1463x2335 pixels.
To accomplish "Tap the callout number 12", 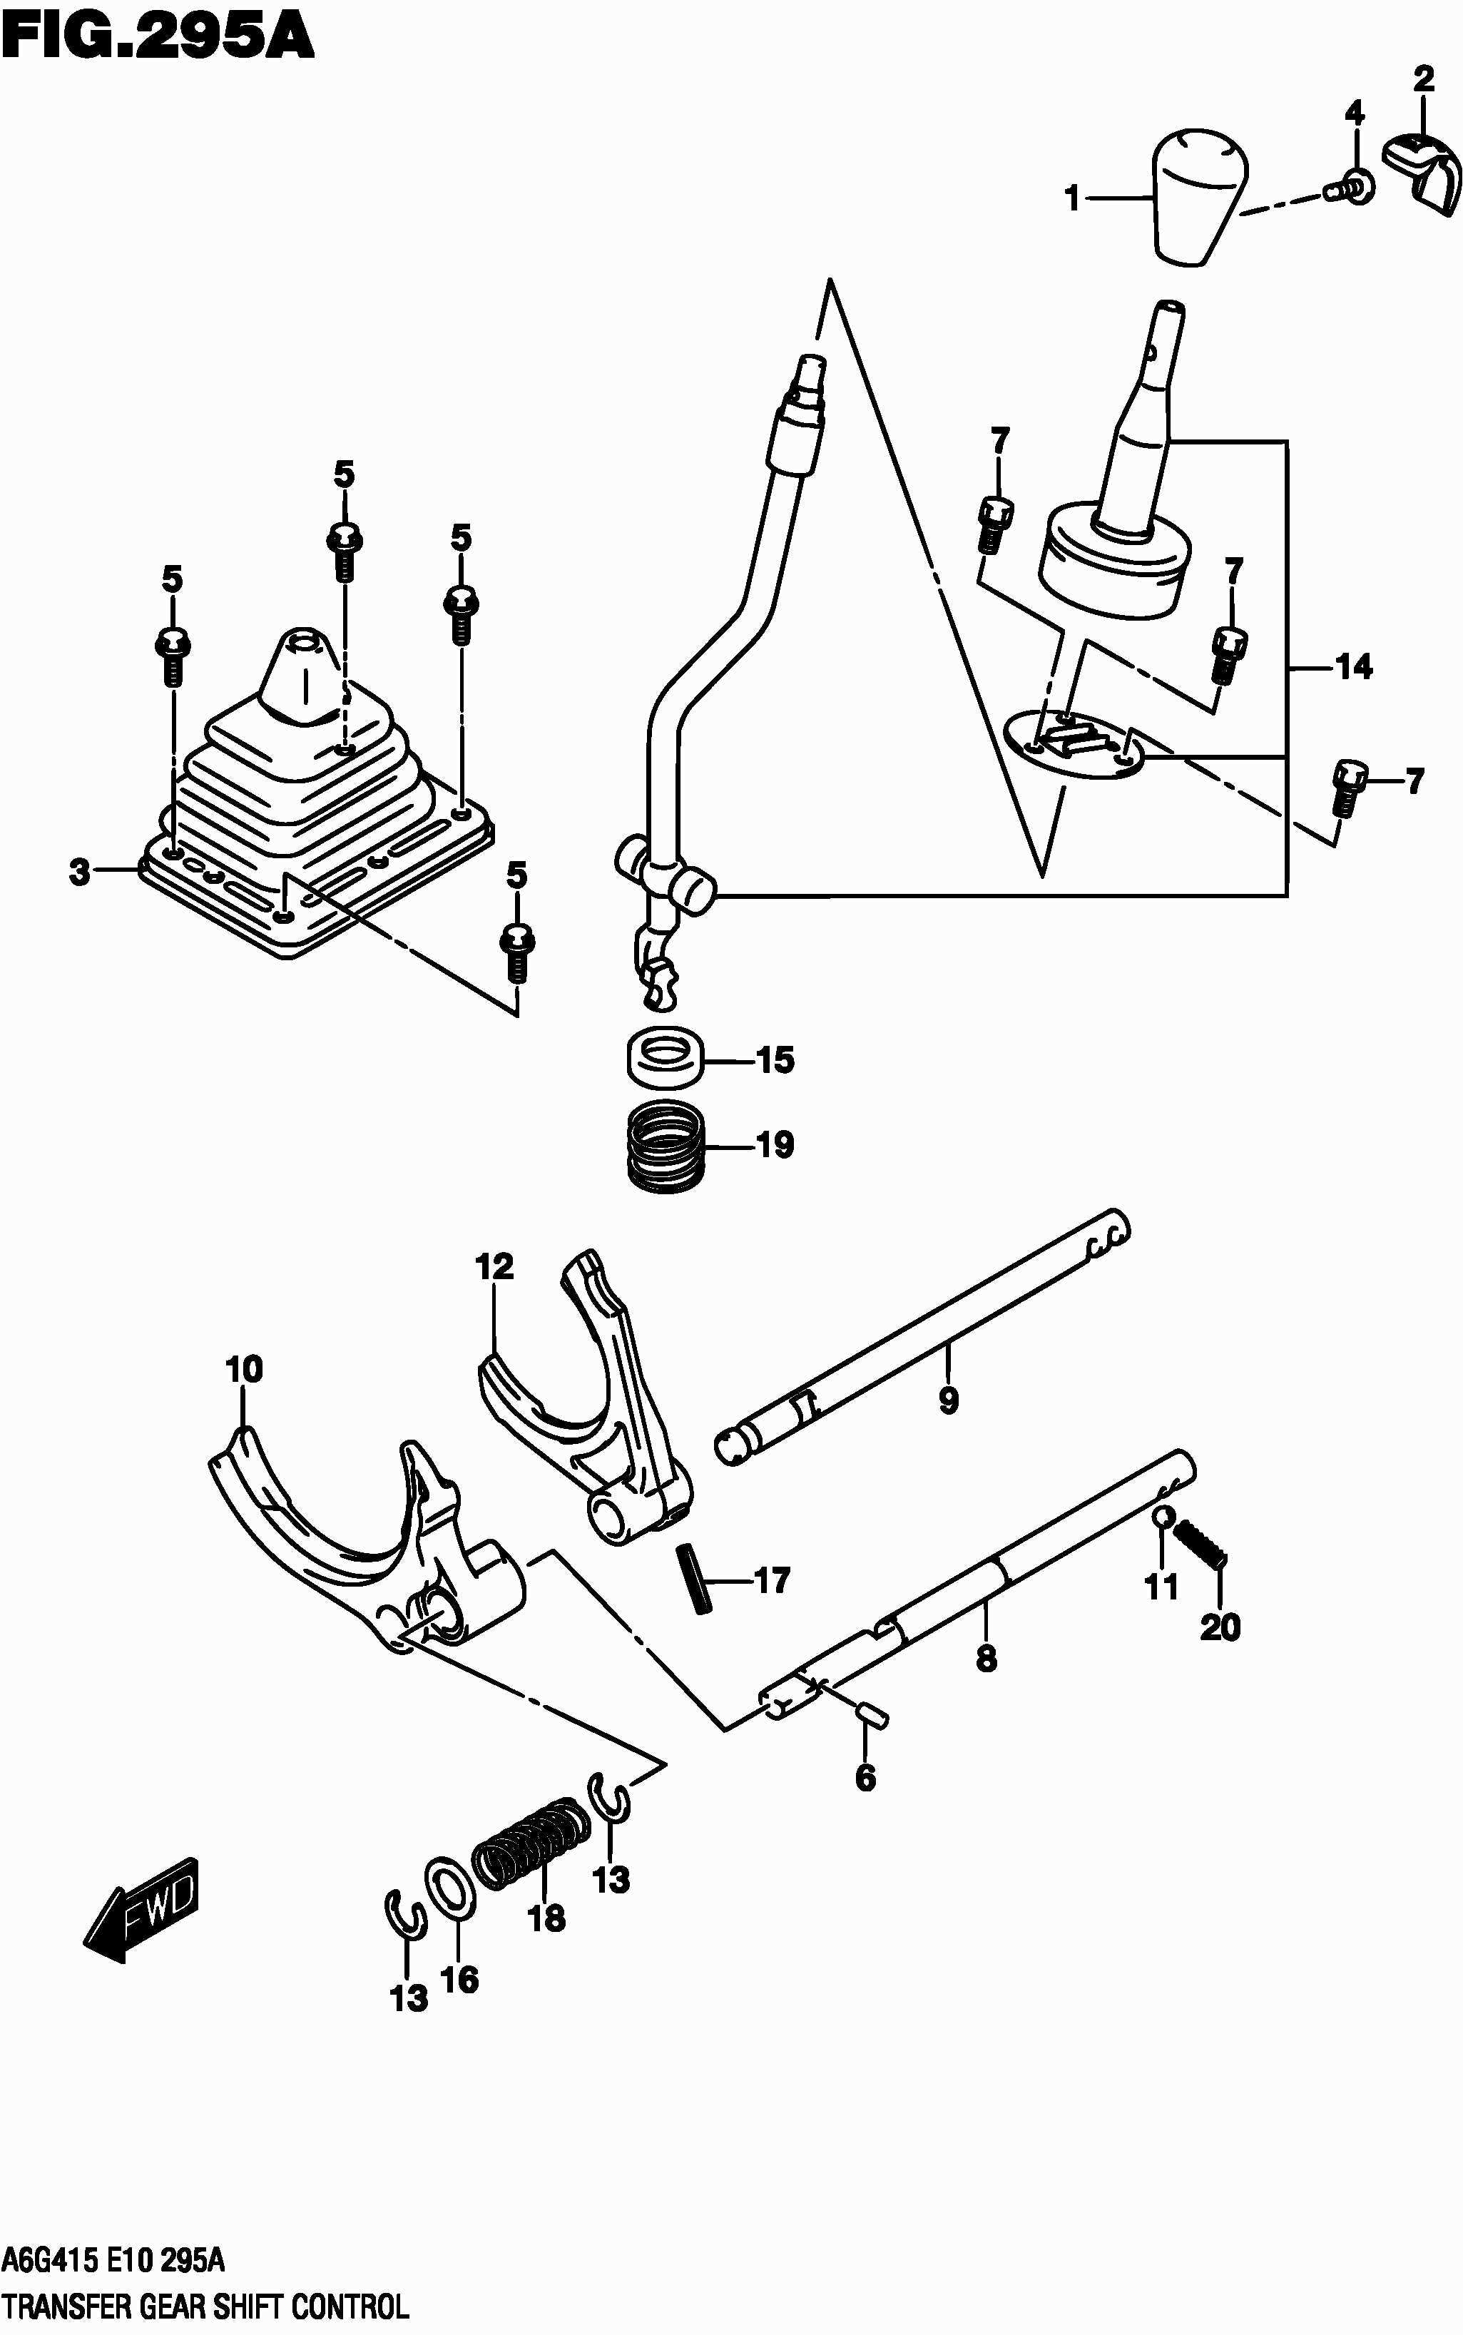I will click(x=494, y=1267).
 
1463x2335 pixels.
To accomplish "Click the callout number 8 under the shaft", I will click(x=986, y=1659).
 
